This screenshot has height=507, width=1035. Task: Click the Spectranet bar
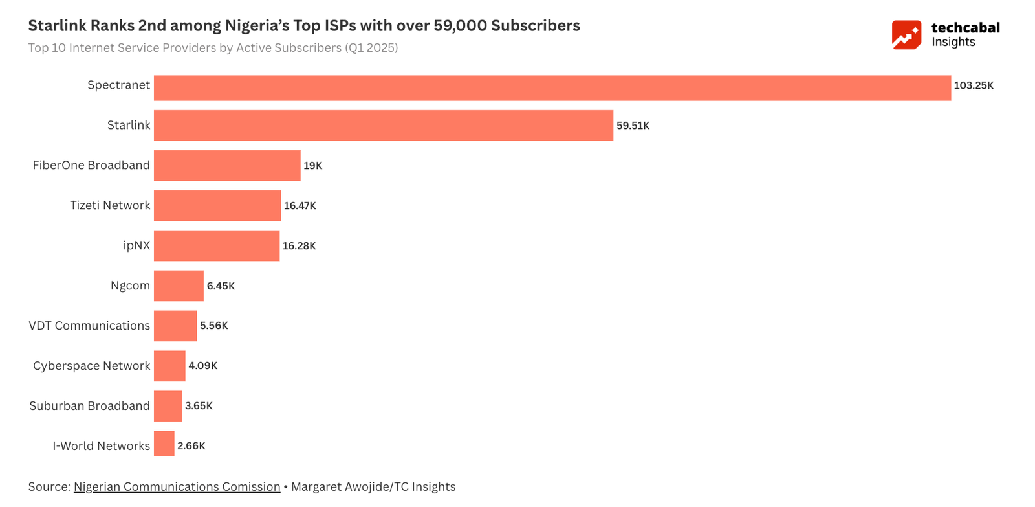pos(552,88)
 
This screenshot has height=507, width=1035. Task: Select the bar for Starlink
pos(383,126)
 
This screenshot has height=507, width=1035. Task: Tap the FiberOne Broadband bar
pos(227,166)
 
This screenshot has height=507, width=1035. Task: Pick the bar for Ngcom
pos(179,286)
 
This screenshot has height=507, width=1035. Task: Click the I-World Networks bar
pos(164,444)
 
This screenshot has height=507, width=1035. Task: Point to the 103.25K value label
pos(974,85)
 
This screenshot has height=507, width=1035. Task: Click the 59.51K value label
pos(633,126)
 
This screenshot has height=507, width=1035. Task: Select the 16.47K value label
pos(300,206)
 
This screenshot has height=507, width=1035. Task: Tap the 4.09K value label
pos(202,366)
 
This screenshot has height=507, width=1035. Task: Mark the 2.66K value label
pos(191,446)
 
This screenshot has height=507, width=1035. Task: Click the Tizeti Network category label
pos(110,205)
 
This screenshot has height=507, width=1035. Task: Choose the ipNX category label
pos(136,245)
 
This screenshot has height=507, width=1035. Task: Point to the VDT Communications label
pos(89,326)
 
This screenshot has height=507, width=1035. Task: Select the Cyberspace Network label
pos(91,366)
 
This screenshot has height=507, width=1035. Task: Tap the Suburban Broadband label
pos(89,406)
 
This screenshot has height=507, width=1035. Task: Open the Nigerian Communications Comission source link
pos(177,487)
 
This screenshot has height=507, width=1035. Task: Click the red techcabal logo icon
pos(906,35)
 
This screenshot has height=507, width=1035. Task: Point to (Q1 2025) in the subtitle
pos(371,48)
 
